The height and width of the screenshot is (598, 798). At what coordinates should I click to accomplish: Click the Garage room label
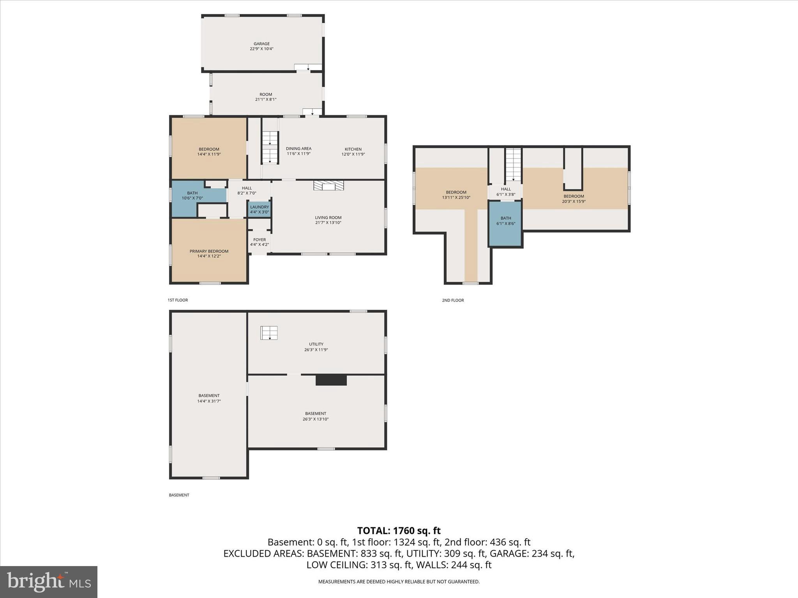coord(261,44)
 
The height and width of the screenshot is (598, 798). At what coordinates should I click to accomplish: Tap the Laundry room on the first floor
coord(260,209)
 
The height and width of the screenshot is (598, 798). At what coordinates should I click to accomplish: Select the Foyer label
coord(260,240)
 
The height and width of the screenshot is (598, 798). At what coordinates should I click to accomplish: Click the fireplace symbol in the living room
coord(329,185)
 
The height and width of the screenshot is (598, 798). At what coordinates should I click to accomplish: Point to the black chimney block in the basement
coord(331,380)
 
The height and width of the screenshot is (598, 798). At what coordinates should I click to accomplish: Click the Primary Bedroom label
coord(209,251)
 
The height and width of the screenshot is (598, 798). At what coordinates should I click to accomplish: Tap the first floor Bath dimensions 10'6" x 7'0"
coord(192,198)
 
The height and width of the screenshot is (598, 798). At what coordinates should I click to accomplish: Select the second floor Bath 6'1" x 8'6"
coord(506,221)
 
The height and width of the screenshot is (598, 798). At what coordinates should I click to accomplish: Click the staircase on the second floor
coord(513,164)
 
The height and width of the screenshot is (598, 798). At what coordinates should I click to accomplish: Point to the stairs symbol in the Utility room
coord(269,333)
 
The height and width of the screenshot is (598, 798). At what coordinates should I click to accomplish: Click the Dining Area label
coord(298,148)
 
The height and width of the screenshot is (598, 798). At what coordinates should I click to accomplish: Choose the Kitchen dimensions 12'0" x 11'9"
coord(353,154)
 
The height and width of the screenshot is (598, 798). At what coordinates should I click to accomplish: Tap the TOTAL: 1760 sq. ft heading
coord(399,531)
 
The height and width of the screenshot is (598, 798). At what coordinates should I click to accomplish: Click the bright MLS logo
coord(49,582)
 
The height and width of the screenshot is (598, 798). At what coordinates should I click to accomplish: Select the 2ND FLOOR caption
coord(453,300)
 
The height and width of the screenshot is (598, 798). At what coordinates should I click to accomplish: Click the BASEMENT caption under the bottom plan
coord(179,495)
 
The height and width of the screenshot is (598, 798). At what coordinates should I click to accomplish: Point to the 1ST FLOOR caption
coord(178,300)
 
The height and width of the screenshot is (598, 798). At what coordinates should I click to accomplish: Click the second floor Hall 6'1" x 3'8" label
coord(506,192)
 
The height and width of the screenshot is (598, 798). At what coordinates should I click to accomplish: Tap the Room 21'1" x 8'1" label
coord(266,97)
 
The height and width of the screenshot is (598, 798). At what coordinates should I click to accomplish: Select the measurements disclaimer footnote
coord(399,582)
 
